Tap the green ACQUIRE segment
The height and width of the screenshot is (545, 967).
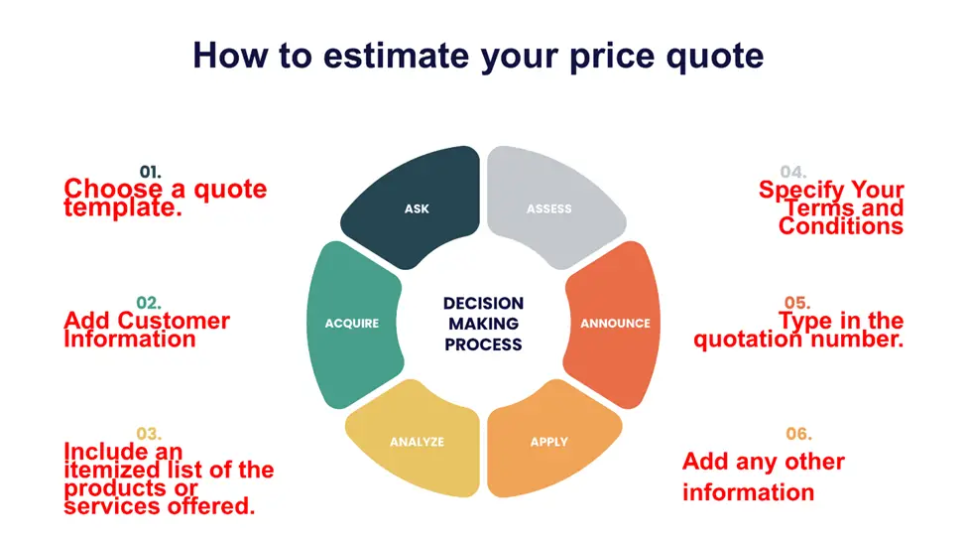click(353, 324)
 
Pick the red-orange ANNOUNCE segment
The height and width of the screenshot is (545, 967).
click(614, 324)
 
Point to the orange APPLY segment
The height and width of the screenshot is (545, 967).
click(548, 442)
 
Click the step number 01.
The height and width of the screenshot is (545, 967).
click(150, 172)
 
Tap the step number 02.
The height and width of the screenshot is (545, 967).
click(149, 303)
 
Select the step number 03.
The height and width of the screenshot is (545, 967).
click(149, 434)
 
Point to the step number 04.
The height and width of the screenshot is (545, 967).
click(793, 172)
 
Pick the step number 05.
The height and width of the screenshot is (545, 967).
click(797, 303)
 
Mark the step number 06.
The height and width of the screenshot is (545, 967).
click(798, 434)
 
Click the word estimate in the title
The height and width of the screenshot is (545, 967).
click(396, 56)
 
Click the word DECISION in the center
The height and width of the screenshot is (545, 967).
click(484, 303)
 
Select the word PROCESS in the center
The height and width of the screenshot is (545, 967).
click(484, 344)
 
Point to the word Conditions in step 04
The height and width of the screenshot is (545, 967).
click(841, 226)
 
